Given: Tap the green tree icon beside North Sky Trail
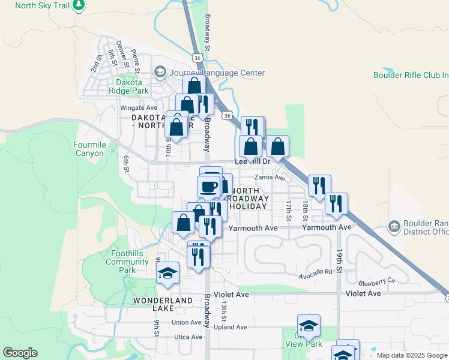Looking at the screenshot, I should pyautogui.click(x=79, y=5).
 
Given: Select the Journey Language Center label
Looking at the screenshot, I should pyautogui.click(x=217, y=73).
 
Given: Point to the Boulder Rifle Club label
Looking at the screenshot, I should pyautogui.click(x=411, y=75).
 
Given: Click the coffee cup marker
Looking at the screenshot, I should pyautogui.click(x=209, y=187).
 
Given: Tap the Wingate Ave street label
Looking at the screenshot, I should pyautogui.click(x=139, y=108).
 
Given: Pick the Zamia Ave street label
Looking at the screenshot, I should pyautogui.click(x=270, y=178).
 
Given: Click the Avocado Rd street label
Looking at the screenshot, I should pyautogui.click(x=316, y=272).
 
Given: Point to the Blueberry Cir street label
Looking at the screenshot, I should pyautogui.click(x=377, y=281).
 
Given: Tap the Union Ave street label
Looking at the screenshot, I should pyautogui.click(x=186, y=322).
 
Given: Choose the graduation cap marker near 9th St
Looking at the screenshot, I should pyautogui.click(x=168, y=274).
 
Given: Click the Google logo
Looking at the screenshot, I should pyautogui.click(x=20, y=353).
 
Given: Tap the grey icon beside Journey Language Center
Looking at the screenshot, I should pyautogui.click(x=160, y=73).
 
